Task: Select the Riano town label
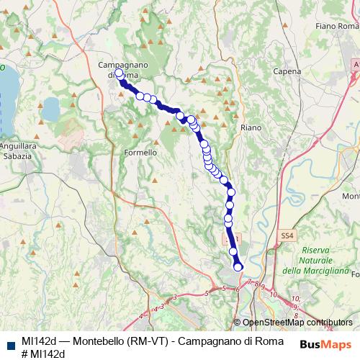tap(251, 127)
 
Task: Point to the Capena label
tap(287, 71)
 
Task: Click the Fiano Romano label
tap(336, 26)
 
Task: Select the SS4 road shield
tap(288, 235)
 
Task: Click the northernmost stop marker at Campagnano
tap(119, 73)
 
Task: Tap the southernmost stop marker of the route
tap(238, 268)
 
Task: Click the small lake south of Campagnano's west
tap(50, 110)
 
